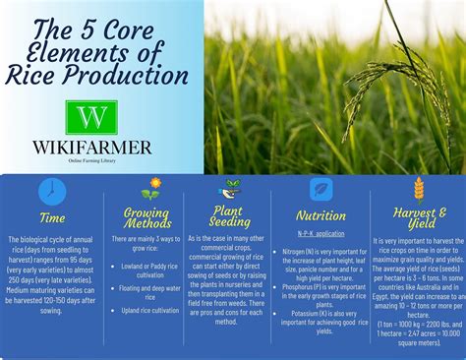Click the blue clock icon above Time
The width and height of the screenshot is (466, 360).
(x=50, y=191)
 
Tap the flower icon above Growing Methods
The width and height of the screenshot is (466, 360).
(x=150, y=188)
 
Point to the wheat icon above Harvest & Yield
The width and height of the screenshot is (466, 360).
(x=419, y=189)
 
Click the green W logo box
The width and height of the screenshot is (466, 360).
(x=90, y=118)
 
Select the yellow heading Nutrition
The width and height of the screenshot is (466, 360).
(x=320, y=215)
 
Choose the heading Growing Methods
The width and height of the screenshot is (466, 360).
(x=147, y=218)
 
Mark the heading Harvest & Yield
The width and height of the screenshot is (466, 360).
(x=419, y=218)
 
